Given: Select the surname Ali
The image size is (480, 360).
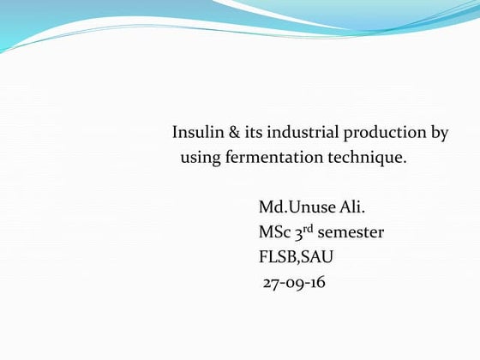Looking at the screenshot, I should tap(342, 207).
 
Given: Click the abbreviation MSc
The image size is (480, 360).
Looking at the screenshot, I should tap(273, 232).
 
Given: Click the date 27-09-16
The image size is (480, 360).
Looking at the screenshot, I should tap(294, 282).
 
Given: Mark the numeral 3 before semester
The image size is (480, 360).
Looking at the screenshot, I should tap(298, 233).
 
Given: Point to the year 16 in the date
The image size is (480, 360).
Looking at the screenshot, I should tap(318, 282).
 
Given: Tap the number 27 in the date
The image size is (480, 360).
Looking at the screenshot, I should tap(271, 282).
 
